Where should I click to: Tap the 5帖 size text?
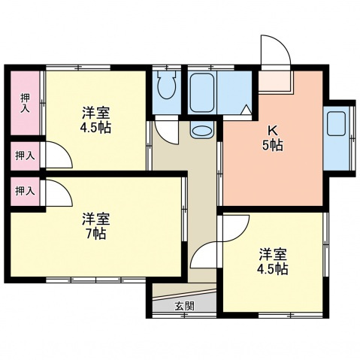coord(272,146)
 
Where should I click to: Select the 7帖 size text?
coord(95,234)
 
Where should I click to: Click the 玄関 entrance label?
coord(185,306)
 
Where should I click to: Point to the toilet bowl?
coord(166,90)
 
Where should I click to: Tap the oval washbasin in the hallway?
coord(201,132)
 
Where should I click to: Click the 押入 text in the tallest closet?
coord(25,103)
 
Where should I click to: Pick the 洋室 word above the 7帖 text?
coord(96,219)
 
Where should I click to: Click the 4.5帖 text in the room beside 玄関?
coord(272,269)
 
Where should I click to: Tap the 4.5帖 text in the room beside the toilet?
coord(96,128)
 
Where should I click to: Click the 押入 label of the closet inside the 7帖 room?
coord(25,191)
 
